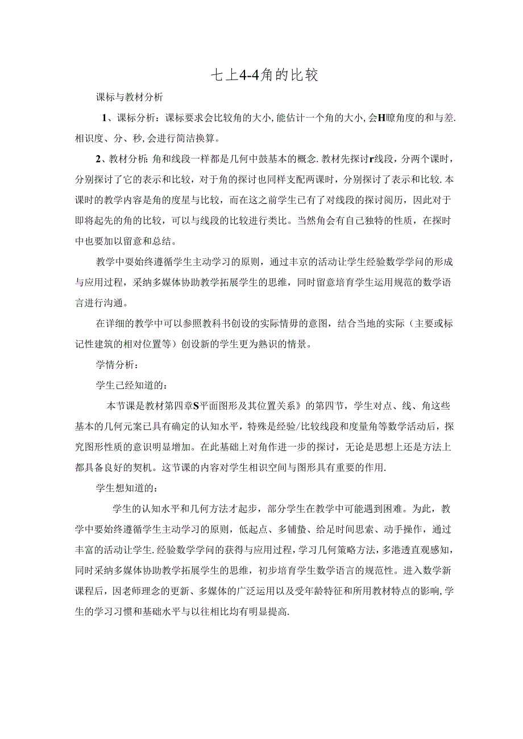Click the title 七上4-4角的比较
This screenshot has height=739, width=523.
[x=261, y=74]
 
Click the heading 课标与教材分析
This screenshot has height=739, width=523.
[x=130, y=97]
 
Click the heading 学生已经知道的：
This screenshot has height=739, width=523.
[x=131, y=386]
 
